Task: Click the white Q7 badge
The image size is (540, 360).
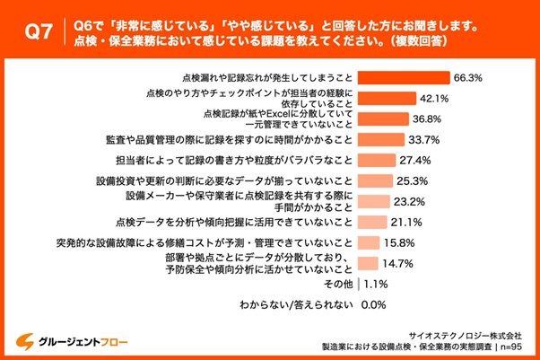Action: tap(37, 33)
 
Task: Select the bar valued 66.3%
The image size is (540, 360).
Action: tap(403, 77)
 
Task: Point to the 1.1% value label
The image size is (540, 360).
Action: tap(377, 284)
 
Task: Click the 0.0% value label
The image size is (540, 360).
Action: tap(372, 304)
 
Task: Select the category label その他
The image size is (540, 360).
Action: tap(338, 284)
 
